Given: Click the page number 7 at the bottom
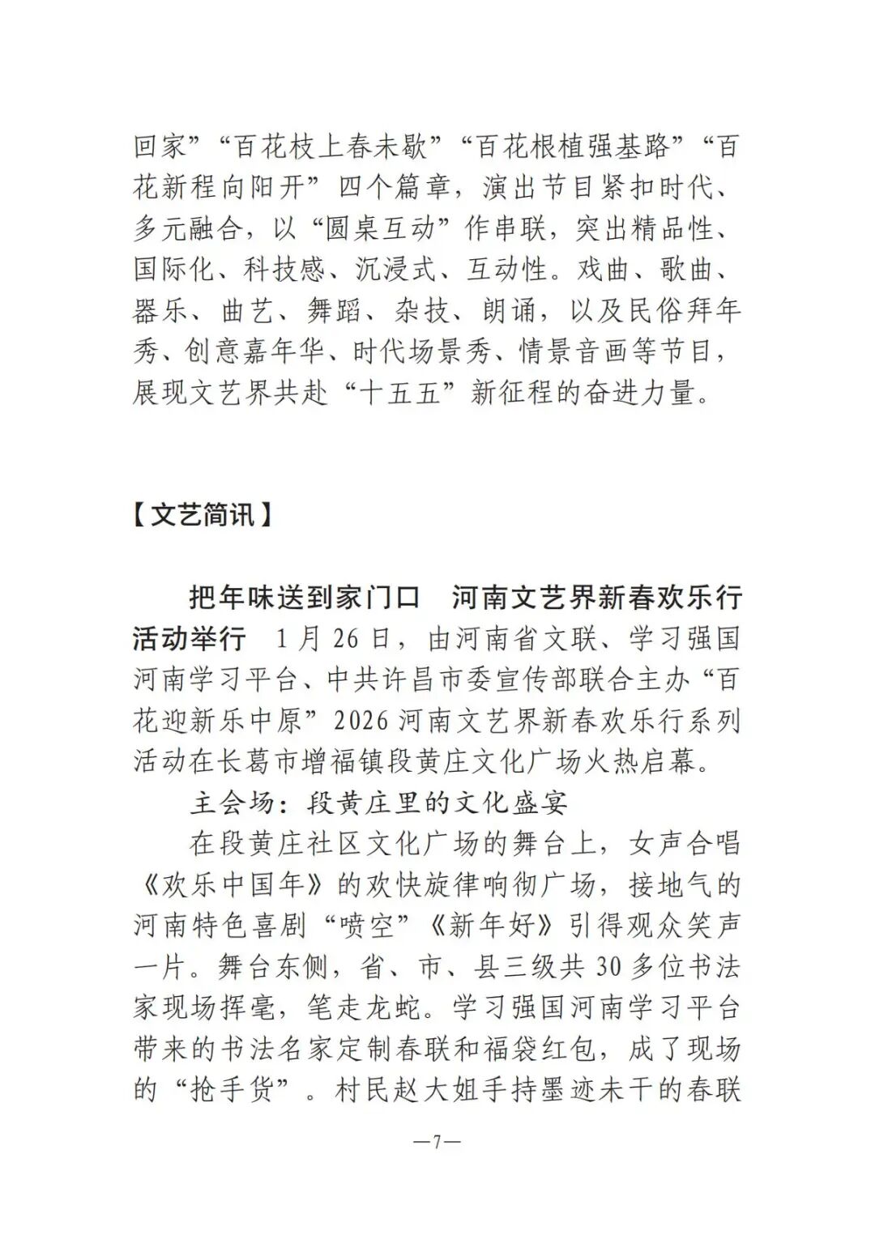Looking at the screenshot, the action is [x=437, y=1143].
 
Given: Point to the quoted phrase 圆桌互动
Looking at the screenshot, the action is [x=380, y=229].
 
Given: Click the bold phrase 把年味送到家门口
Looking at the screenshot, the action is [x=304, y=598].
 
